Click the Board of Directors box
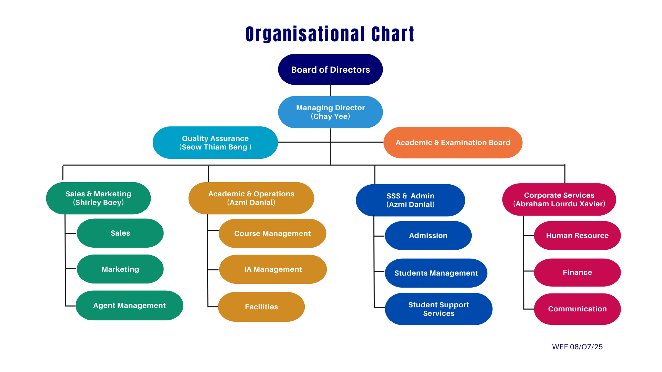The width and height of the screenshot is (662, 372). pos(330,69)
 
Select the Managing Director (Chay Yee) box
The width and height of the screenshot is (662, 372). pos(330,112)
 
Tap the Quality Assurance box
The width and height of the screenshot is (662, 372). pos(215,143)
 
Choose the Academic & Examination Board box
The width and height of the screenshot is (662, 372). pos(453,143)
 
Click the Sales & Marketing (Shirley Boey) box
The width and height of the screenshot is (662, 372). pos(98,198)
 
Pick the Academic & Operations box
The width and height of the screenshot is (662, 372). pos(251,198)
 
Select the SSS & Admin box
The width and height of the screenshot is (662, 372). pos(410,200)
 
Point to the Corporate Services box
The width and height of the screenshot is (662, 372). pos(559,199)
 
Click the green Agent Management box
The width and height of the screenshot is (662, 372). pos(129,306)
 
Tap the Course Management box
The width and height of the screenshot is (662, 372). pos(272,234)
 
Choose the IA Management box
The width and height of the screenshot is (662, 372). pos(273,269)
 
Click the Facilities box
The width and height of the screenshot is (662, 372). pos(261,307)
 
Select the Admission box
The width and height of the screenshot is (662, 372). pos(428,236)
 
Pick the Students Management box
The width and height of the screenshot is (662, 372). pos(436,273)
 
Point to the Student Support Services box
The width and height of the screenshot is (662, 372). pos(439,309)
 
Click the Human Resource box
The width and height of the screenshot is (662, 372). pos(577,236)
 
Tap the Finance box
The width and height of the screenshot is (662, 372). pos(577,272)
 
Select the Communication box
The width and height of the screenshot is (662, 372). pos(577,309)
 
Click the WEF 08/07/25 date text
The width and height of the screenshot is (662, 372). pos(577,347)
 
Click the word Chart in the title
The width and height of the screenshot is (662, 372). pos(393,34)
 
